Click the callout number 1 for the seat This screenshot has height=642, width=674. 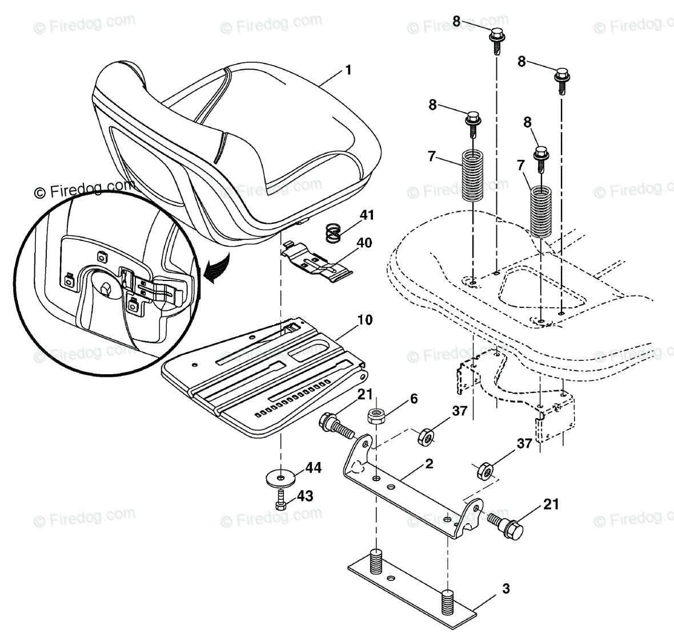[x=348, y=71]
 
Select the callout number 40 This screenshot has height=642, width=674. [x=364, y=243]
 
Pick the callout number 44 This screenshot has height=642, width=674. [x=314, y=469]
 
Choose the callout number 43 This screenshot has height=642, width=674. [x=306, y=496]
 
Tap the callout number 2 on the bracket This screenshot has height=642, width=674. [x=428, y=464]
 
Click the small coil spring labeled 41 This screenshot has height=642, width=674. [x=333, y=232]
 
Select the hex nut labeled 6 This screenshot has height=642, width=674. [x=376, y=416]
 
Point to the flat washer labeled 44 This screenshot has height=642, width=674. [x=280, y=475]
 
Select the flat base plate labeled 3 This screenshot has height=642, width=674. [x=411, y=594]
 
